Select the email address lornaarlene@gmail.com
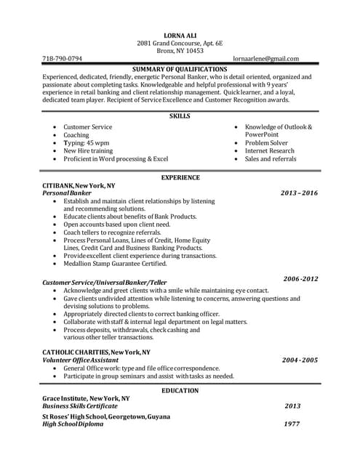[266, 58]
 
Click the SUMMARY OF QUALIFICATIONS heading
[180, 68]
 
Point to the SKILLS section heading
[180, 116]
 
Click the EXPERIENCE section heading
[180, 177]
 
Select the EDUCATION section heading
[180, 391]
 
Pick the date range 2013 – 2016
[299, 193]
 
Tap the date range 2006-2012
[300, 279]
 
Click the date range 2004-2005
[300, 360]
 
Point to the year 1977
[292, 424]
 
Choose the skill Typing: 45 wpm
[86, 142]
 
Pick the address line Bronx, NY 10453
[180, 50]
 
